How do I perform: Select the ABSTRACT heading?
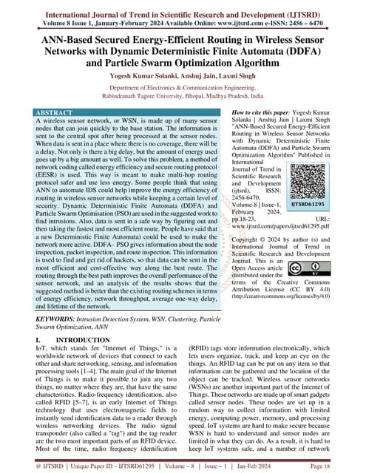[x=57, y=112]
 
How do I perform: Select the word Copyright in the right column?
[x=248, y=240]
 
